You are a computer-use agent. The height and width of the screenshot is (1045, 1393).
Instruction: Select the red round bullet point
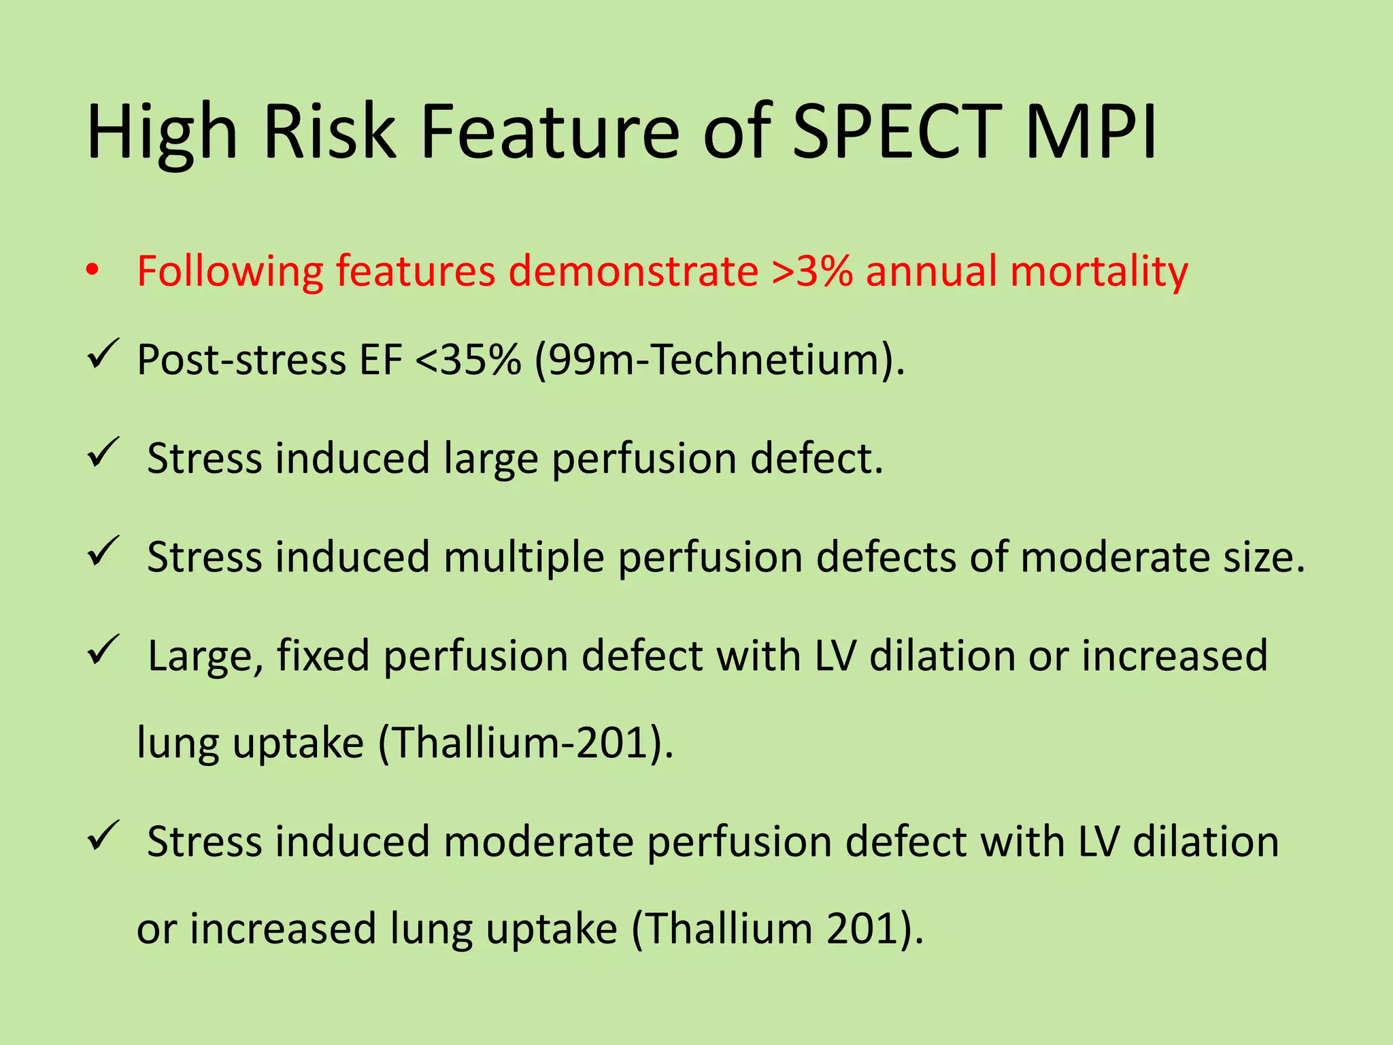coord(93,271)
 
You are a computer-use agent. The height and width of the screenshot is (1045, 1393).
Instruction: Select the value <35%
coord(468,360)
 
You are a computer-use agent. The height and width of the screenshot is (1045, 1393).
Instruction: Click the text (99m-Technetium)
coord(720,360)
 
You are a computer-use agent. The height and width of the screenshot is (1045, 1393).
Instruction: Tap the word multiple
coord(523,558)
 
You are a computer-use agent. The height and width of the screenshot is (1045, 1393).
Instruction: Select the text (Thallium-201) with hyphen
coord(525,743)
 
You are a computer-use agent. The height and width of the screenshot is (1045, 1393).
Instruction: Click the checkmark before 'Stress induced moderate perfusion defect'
coord(103,835)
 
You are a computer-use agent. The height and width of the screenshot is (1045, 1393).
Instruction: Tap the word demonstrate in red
coord(633,271)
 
